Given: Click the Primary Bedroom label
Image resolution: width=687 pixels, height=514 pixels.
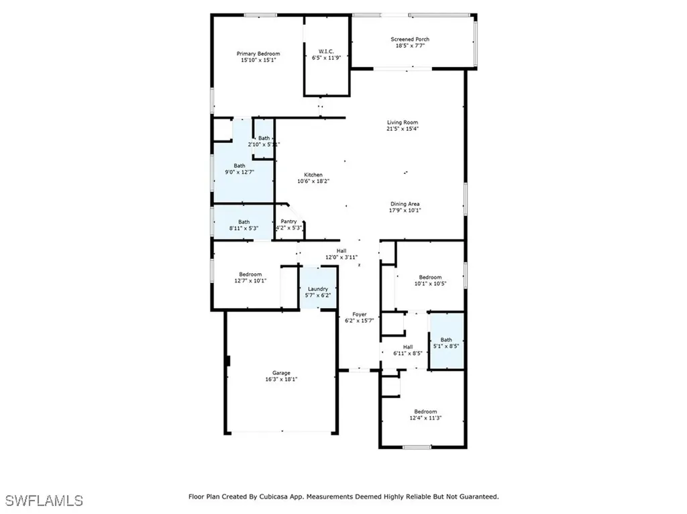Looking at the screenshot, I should click(258, 54).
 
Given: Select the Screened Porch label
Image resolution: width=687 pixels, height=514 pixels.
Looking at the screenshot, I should click(410, 40).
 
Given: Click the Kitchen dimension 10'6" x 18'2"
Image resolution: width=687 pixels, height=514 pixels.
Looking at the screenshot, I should click(313, 181).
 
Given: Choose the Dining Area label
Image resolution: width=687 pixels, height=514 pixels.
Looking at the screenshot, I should click(405, 204).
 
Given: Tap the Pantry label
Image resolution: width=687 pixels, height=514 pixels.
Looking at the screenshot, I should click(288, 221).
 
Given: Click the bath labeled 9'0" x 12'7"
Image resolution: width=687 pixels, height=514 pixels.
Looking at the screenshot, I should click(240, 166).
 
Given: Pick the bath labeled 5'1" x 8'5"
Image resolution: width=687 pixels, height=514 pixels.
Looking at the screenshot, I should click(446, 340).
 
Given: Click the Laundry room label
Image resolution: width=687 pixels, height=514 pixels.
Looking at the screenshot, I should click(318, 289).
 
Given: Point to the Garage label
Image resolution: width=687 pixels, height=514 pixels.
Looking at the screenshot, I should click(281, 373).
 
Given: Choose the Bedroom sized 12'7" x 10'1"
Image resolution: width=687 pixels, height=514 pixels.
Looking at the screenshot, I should click(250, 274).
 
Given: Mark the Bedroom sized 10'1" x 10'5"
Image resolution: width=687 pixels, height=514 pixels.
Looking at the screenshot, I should click(430, 278).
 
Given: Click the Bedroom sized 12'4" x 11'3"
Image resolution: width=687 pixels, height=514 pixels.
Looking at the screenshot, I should click(425, 412).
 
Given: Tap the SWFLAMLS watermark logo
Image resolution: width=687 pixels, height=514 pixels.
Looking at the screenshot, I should click(44, 501).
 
